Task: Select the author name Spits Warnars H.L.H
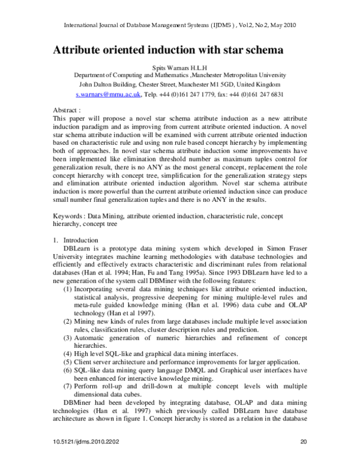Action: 179,67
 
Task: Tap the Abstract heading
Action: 67,110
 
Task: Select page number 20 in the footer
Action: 303,458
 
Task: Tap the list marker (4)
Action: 68,354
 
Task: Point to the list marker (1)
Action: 68,289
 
